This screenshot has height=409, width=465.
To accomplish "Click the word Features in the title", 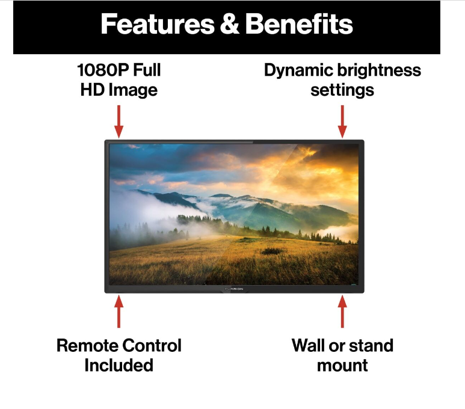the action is [x=158, y=24].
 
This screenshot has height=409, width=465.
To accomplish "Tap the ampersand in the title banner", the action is [x=230, y=24].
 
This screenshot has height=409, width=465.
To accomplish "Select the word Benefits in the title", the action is [x=299, y=24].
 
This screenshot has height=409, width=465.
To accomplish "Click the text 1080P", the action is [x=103, y=70].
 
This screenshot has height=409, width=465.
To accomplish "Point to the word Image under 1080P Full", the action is [x=133, y=90].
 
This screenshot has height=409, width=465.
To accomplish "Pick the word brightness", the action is [x=379, y=70].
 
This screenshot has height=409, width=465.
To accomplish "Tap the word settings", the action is [x=342, y=90].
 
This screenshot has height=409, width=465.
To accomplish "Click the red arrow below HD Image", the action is [x=119, y=121].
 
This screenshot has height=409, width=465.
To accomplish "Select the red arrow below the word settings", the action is [x=342, y=121].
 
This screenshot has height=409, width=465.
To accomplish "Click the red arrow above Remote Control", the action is [x=119, y=311].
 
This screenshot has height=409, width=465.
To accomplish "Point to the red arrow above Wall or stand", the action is [x=342, y=311].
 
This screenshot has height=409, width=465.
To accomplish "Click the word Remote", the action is [x=87, y=345].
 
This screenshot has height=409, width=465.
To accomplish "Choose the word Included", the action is [x=119, y=365].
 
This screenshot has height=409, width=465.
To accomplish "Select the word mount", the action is [x=342, y=366].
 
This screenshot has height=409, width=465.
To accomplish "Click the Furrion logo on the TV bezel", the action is [x=234, y=289].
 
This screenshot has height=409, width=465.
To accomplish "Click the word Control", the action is [x=152, y=345].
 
